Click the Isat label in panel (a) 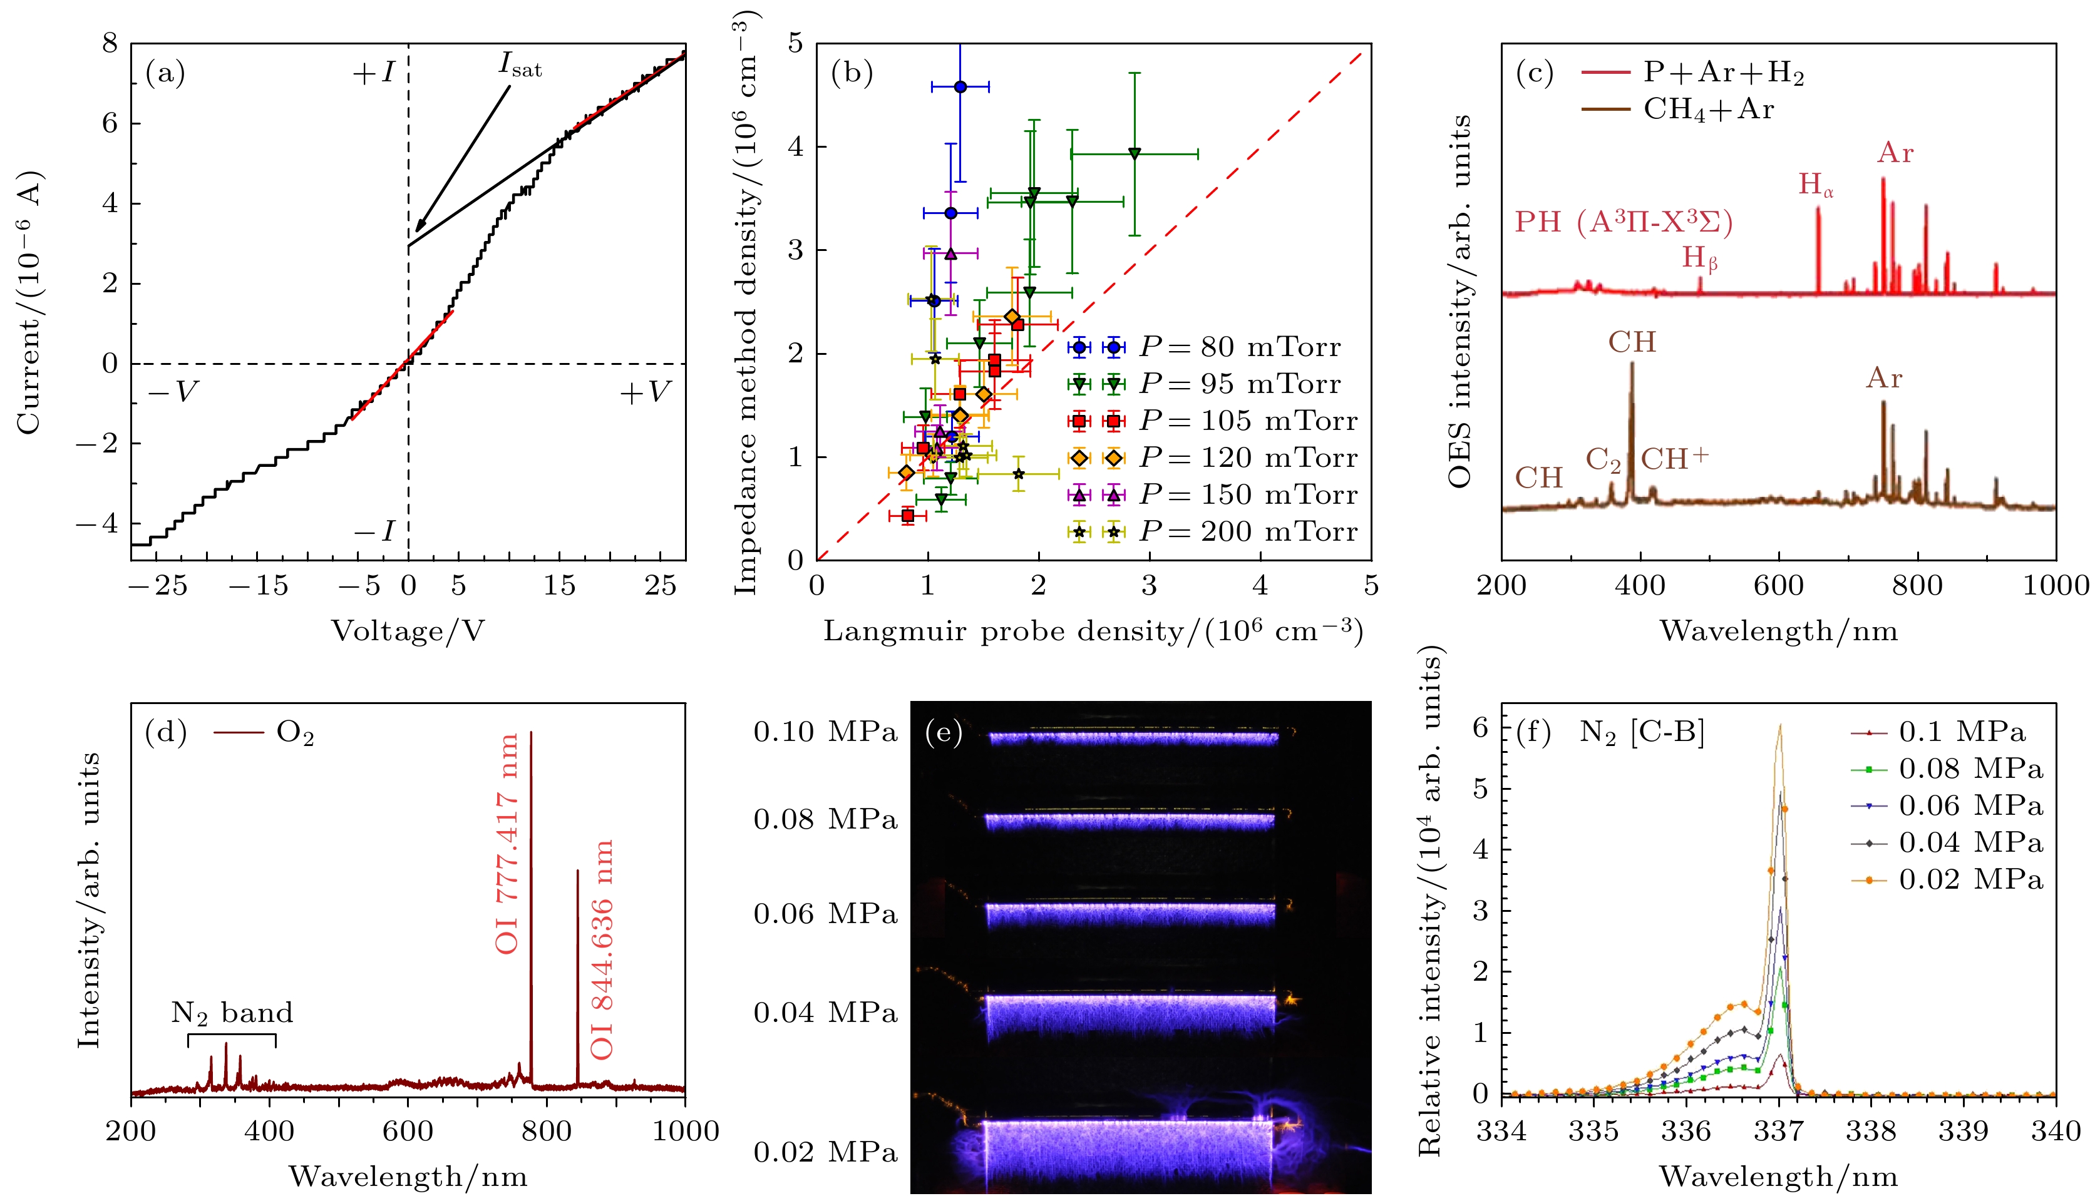[x=520, y=65]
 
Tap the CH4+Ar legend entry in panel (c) [x=1708, y=110]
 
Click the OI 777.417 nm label [x=507, y=843]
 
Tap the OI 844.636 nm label [x=602, y=949]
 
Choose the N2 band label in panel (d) [x=232, y=1013]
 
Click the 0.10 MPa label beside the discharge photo [x=825, y=732]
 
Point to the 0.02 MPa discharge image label [x=825, y=1152]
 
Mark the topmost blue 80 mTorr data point [x=960, y=86]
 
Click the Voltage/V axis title [x=408, y=631]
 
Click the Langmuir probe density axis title [x=1093, y=631]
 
